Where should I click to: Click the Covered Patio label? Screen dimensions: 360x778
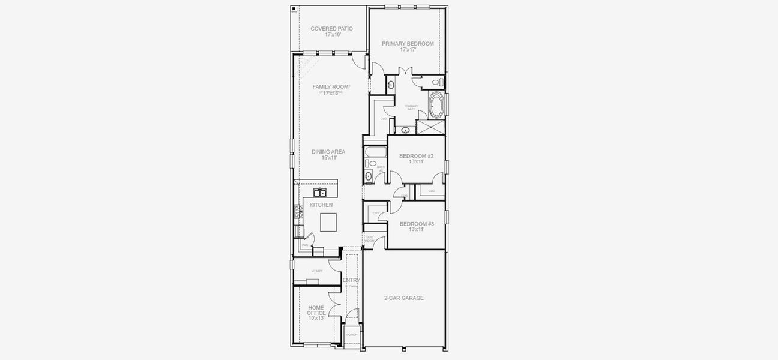(331, 31)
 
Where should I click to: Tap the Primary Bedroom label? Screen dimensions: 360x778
(408, 46)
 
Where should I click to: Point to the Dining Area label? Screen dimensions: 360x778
(328, 154)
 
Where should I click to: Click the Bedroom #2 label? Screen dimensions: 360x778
(417, 158)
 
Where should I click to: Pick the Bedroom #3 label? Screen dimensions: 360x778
(417, 226)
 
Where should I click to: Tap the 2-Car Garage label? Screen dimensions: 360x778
(404, 298)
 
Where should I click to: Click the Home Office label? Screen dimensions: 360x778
(316, 313)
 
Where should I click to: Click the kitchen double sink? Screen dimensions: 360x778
(319, 193)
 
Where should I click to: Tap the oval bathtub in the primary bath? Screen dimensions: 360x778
(436, 106)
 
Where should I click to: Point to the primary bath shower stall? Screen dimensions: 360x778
(430, 127)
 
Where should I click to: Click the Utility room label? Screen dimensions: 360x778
(317, 271)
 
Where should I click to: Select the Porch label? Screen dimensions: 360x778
(352, 335)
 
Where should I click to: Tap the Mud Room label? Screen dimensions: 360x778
(370, 239)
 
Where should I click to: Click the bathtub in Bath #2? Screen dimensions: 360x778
(371, 151)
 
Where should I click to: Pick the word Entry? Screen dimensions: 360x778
(351, 280)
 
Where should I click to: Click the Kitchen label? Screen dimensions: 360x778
(321, 205)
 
